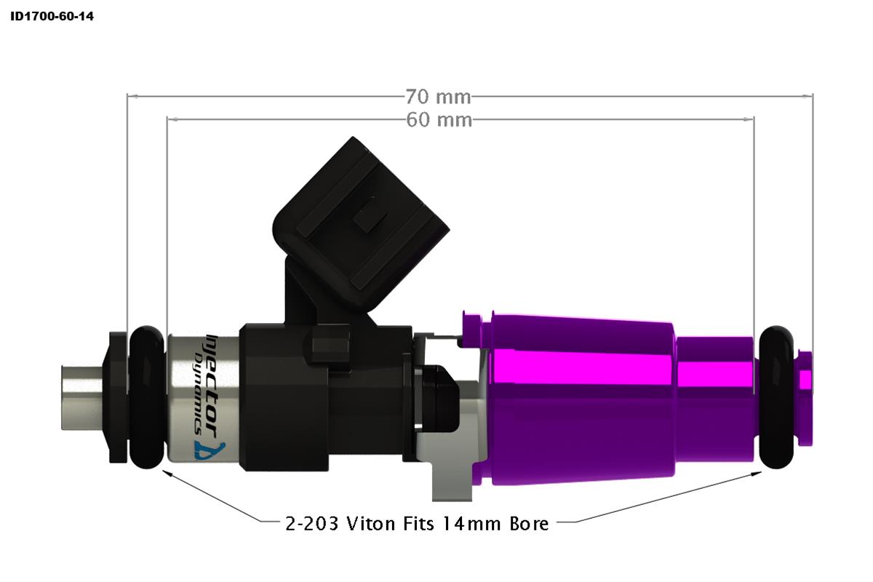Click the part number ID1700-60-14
click(52, 15)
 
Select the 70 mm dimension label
click(438, 96)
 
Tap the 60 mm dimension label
click(438, 119)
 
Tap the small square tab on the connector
click(367, 222)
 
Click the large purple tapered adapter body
click(582, 396)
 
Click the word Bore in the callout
click(527, 523)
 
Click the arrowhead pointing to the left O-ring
click(169, 474)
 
